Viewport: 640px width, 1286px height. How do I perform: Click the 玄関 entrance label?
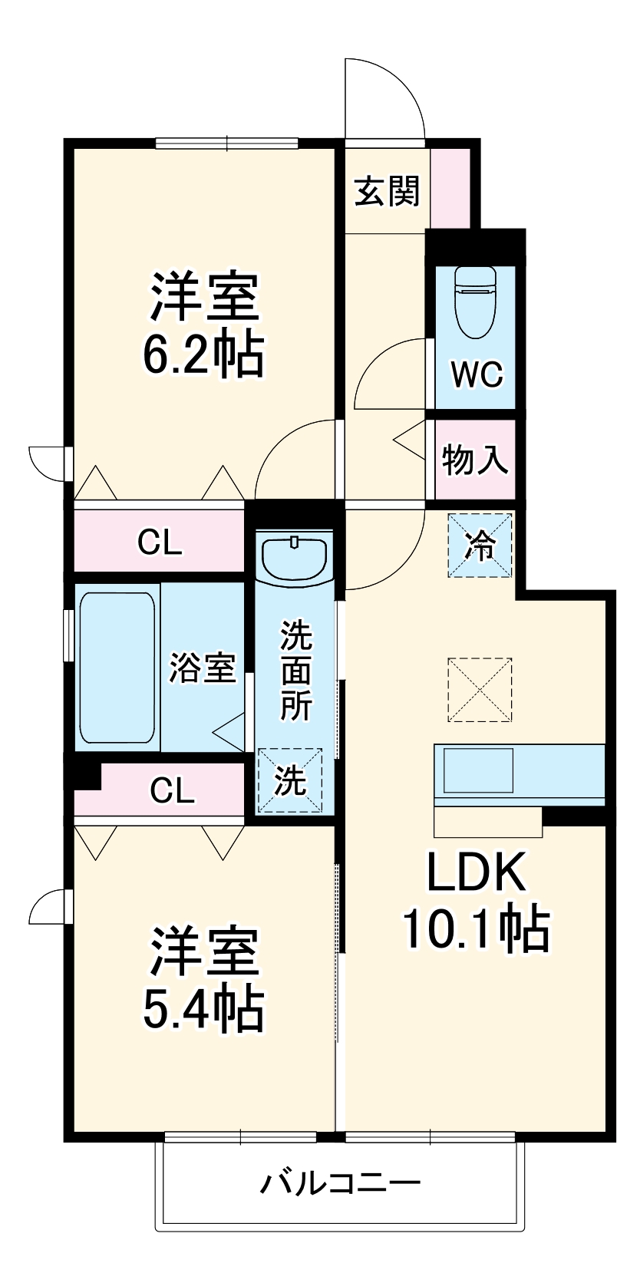click(388, 191)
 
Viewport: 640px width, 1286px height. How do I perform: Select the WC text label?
click(476, 374)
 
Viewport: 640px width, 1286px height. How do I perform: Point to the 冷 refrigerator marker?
click(481, 546)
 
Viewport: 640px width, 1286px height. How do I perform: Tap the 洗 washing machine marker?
click(290, 780)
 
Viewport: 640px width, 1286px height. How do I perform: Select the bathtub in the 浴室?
click(117, 667)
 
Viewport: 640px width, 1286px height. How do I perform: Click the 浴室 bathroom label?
click(203, 668)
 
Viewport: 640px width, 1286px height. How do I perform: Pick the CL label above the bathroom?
click(160, 542)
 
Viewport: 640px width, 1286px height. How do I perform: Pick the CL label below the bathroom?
click(172, 790)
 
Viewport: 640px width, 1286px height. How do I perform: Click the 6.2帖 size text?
click(204, 354)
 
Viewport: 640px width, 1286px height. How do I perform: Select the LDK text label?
click(477, 872)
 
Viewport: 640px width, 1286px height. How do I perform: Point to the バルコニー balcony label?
click(341, 1182)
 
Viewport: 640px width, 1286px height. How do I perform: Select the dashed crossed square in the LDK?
click(480, 689)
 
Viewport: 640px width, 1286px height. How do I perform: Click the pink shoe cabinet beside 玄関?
click(450, 187)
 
